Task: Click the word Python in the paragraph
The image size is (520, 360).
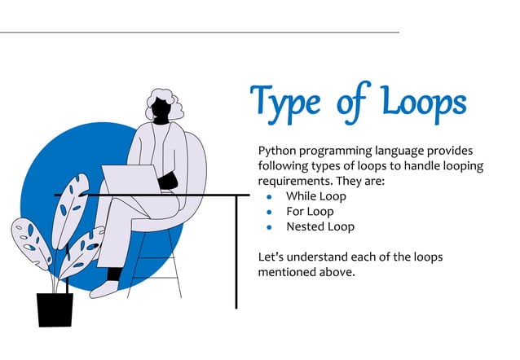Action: pos(277,151)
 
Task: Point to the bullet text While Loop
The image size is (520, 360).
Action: pos(316,196)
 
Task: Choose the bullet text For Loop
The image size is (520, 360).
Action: pos(311,212)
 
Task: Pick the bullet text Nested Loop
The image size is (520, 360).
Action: pos(320,226)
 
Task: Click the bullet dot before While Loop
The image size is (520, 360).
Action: pos(269,197)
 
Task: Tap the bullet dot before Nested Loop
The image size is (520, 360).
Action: pos(269,227)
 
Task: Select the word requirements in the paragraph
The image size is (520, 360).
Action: pos(297,182)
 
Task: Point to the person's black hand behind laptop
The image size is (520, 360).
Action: pos(167,181)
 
